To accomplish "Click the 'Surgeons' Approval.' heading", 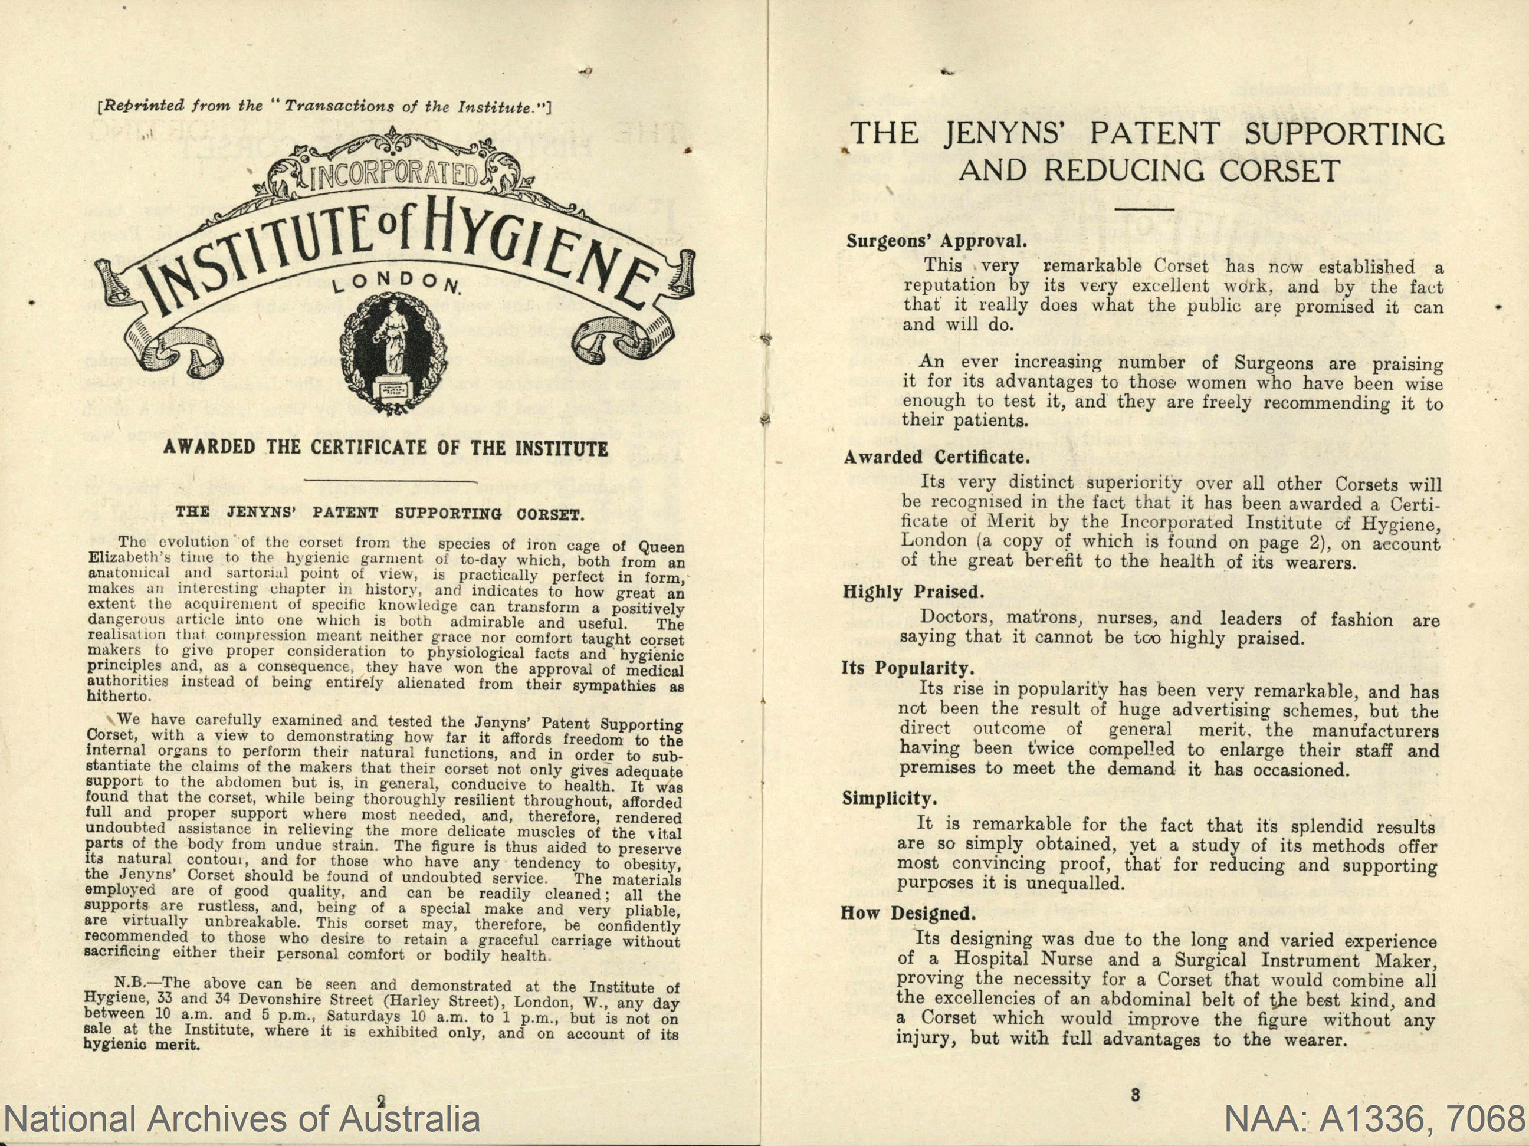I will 936,241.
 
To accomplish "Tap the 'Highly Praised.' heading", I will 912,592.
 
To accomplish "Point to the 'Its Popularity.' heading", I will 908,668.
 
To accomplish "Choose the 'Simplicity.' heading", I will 890,799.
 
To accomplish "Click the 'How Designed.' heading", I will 908,913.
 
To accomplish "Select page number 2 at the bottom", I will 381,1099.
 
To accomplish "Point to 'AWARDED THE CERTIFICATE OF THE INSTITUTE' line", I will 386,448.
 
